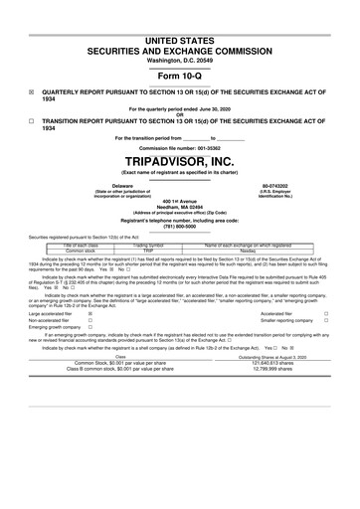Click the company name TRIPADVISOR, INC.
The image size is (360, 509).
pyautogui.click(x=180, y=160)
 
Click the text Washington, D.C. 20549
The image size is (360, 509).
pyautogui.click(x=180, y=33)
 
